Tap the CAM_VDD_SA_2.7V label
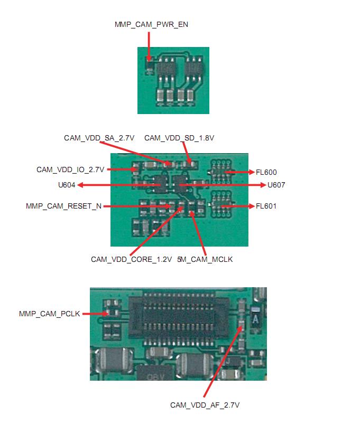(x=99, y=138)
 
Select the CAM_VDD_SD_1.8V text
(x=179, y=138)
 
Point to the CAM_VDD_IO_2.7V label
(x=70, y=169)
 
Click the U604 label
(x=67, y=185)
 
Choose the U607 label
(x=276, y=185)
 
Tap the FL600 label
(x=266, y=172)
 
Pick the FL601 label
(x=266, y=206)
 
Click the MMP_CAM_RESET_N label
(x=63, y=206)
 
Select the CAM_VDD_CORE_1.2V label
(x=131, y=259)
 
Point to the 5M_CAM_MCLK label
(x=205, y=259)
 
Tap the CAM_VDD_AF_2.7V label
(x=205, y=405)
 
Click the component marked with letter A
(x=255, y=318)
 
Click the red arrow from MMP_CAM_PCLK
(x=95, y=314)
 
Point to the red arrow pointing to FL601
(x=238, y=206)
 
